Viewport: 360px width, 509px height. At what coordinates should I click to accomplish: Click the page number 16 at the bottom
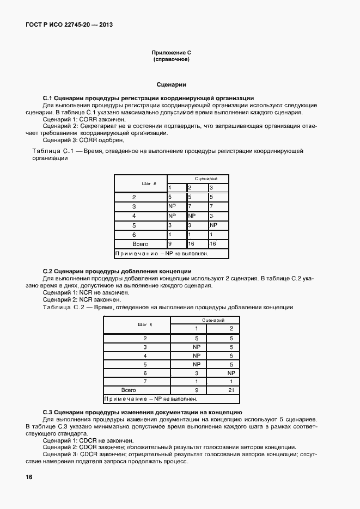[29, 477]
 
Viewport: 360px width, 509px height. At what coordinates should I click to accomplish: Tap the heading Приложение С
[172, 53]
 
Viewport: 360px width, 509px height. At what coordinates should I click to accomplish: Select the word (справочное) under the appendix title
[172, 59]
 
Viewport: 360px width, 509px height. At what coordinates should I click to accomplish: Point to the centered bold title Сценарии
[172, 85]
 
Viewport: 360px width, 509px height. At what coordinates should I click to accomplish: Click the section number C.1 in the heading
[47, 98]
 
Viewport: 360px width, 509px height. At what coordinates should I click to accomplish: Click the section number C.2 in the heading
[47, 271]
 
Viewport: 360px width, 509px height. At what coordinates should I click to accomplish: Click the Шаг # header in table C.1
[141, 183]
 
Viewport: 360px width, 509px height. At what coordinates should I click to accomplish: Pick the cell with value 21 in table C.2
[231, 390]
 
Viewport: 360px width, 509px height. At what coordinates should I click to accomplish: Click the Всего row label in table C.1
[141, 244]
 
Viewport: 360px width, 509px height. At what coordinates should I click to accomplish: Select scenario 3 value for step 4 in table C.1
[211, 216]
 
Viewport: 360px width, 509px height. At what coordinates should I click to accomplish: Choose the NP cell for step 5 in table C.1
[213, 225]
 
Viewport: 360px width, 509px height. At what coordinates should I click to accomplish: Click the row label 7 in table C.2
[145, 382]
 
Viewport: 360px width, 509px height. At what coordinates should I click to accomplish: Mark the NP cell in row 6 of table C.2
[231, 373]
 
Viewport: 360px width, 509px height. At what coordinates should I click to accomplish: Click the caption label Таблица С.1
[52, 150]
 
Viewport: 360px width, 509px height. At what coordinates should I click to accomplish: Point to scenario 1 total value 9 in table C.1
[170, 244]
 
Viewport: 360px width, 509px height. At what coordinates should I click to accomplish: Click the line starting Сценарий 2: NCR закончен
[82, 299]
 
